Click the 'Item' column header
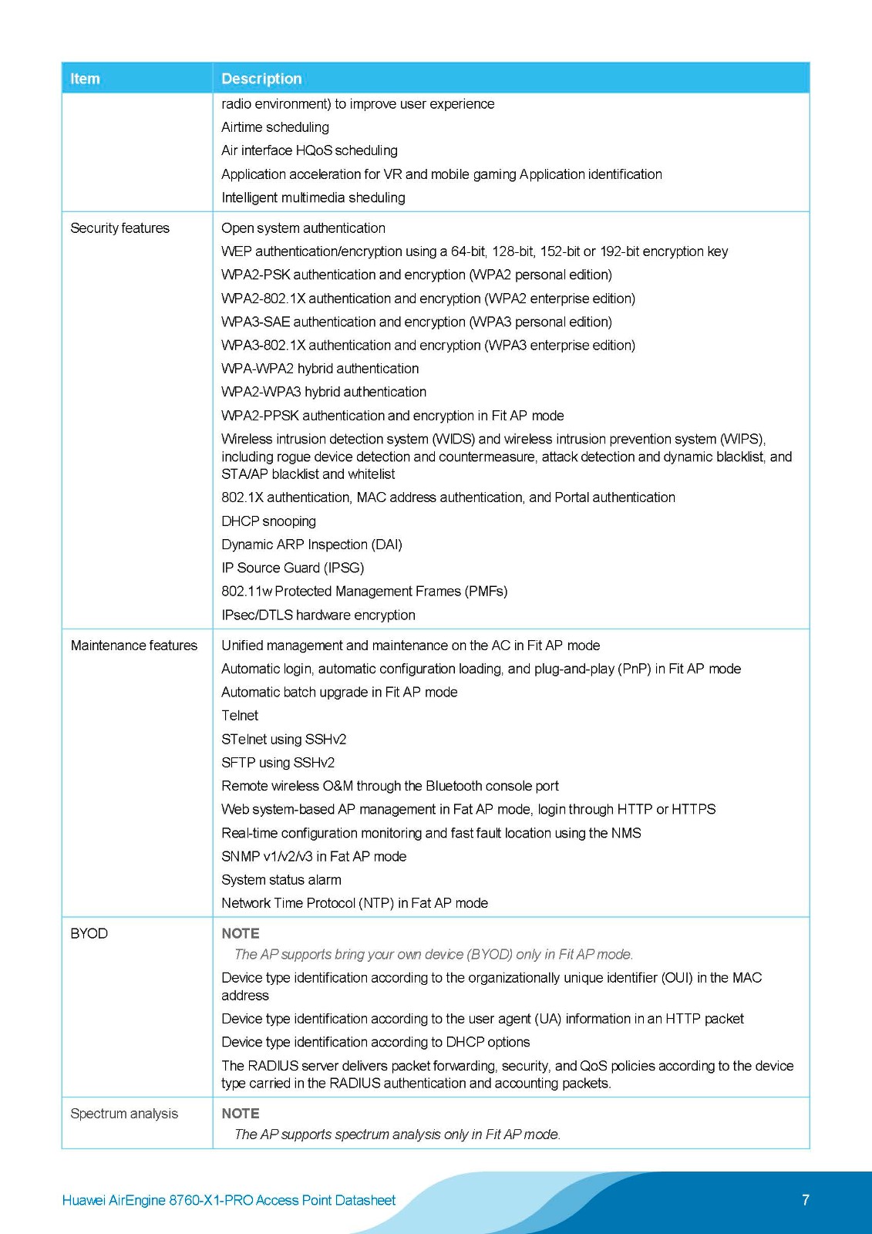click(85, 79)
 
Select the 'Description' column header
click(261, 79)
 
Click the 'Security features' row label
click(120, 228)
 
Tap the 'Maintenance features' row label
click(133, 646)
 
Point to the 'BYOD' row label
click(89, 933)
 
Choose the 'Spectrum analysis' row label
click(123, 1114)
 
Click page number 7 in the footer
click(806, 1200)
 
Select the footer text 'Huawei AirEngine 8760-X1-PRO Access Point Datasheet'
click(228, 1200)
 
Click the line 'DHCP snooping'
click(268, 521)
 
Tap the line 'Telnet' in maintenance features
click(240, 716)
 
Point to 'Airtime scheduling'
click(275, 127)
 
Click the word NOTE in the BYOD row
click(241, 933)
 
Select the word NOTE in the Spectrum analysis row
click(241, 1114)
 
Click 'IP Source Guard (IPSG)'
click(292, 568)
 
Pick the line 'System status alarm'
click(281, 880)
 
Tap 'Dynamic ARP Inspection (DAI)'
click(311, 545)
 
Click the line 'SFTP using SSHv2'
click(278, 763)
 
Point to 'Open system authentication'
click(303, 228)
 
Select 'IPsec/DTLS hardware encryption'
click(318, 615)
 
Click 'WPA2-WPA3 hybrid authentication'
click(324, 392)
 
